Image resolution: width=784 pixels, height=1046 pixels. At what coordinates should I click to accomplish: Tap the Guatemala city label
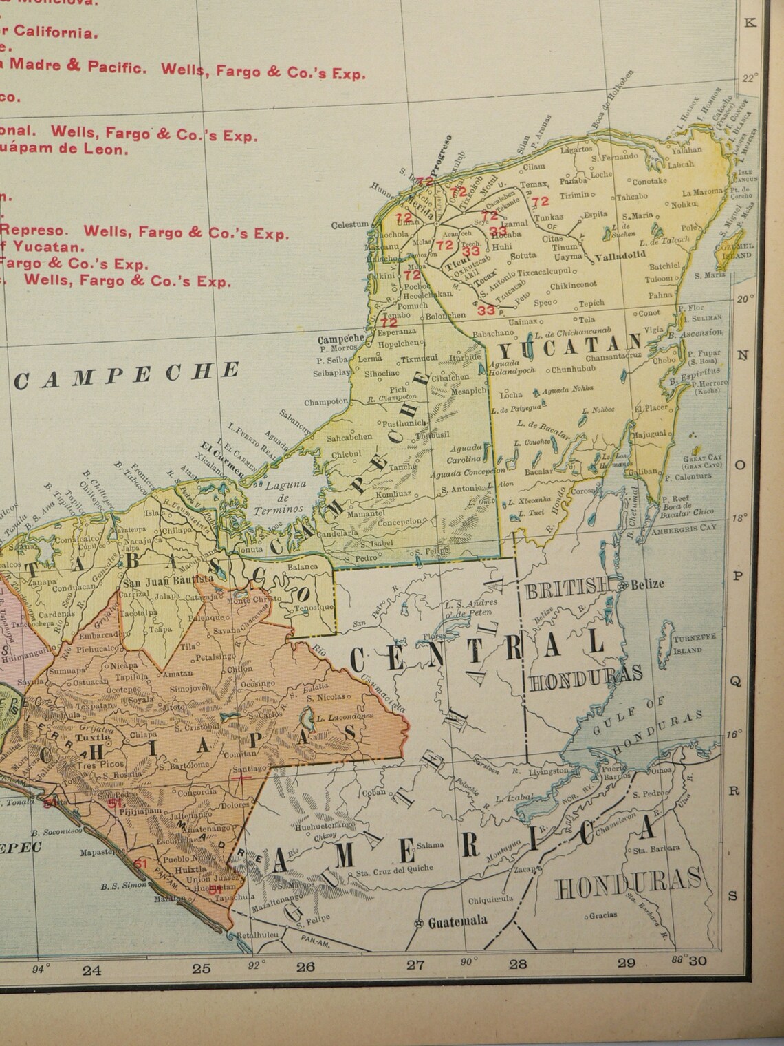coord(457,921)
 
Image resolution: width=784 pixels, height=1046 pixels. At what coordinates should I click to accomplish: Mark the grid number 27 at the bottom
coord(415,964)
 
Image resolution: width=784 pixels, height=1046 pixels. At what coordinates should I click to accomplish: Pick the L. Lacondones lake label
coord(345,716)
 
